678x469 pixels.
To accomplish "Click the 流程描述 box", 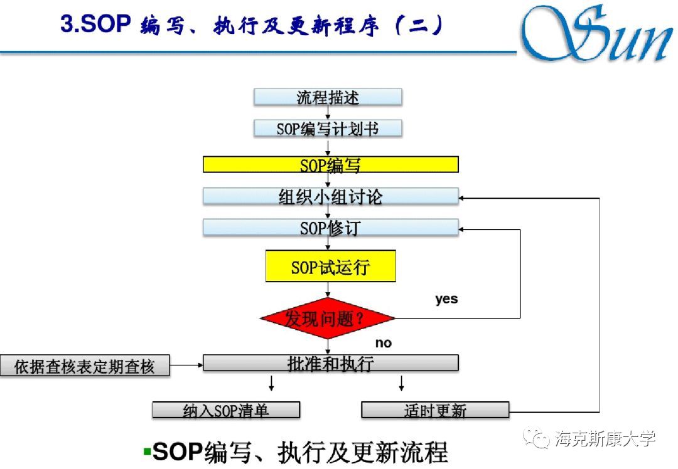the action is click(328, 98).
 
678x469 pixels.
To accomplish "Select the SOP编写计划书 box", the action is click(328, 129).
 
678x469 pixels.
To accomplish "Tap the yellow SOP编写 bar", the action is click(330, 165).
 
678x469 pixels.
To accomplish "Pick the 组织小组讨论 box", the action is click(330, 196).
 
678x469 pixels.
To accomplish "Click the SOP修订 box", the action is click(330, 228).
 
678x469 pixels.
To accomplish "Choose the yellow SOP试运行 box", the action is click(330, 266).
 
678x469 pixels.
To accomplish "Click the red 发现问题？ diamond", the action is click(328, 318).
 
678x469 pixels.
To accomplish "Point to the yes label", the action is click(446, 299).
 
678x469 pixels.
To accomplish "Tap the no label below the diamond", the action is click(383, 343).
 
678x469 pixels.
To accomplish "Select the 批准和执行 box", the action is click(330, 363).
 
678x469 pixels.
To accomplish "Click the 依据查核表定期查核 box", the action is click(85, 366).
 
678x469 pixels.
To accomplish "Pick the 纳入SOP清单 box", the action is click(226, 411).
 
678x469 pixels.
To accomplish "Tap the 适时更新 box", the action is click(435, 411).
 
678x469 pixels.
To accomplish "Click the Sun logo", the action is click(596, 34).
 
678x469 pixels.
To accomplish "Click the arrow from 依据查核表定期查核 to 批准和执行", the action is click(186, 364).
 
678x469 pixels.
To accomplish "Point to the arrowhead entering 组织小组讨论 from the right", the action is click(463, 198).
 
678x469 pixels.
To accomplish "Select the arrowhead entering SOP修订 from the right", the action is click(463, 229).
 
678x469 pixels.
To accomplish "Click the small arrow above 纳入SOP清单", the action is click(271, 383).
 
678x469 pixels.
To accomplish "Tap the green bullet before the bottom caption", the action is click(147, 451).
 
